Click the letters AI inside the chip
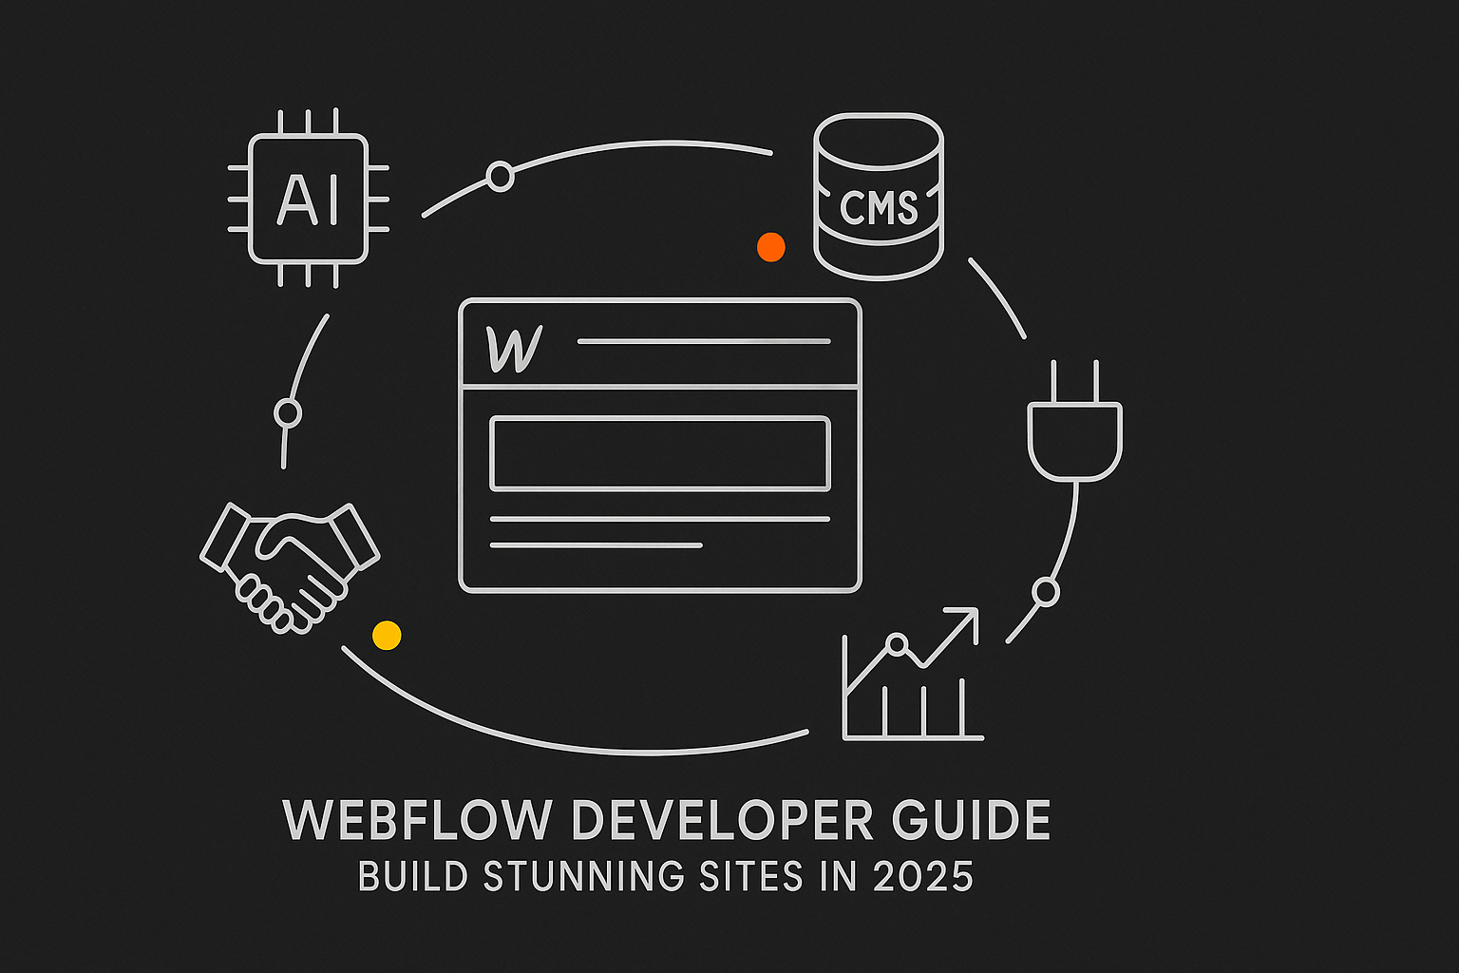click(x=308, y=200)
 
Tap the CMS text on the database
click(x=879, y=207)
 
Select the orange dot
click(x=770, y=247)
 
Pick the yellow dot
click(x=387, y=635)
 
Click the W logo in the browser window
click(x=513, y=349)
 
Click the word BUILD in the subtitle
click(x=412, y=877)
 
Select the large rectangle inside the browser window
click(x=660, y=453)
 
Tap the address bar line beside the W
click(x=703, y=341)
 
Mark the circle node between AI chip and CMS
click(x=500, y=176)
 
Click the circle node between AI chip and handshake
click(x=287, y=413)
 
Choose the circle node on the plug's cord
click(x=1045, y=592)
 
